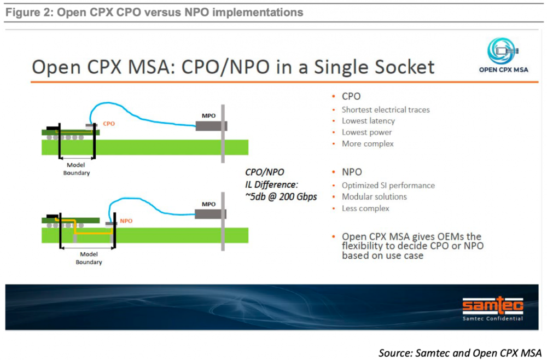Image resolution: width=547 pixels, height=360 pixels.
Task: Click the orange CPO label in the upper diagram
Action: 109,124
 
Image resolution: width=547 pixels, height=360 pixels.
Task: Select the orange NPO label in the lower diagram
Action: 126,221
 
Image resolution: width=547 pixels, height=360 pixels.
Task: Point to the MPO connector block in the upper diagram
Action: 211,126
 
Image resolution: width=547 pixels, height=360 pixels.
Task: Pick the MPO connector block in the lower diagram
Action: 211,214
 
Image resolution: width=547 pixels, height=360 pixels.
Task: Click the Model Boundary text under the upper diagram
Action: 77,169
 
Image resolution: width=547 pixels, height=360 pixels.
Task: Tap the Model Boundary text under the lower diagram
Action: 89,258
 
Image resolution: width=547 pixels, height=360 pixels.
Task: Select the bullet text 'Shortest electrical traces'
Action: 386,110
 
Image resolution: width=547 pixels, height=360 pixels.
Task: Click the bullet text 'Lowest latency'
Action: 368,121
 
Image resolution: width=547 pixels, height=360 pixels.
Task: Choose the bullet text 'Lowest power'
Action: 366,132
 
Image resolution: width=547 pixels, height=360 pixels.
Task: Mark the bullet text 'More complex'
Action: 368,144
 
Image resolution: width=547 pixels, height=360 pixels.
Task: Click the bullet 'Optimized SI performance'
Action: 388,185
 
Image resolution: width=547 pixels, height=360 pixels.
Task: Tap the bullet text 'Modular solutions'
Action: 374,197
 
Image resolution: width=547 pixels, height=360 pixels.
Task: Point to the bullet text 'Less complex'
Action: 365,208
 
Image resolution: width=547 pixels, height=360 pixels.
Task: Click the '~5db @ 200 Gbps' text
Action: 281,197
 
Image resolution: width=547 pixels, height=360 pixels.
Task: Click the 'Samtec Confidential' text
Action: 493,318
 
